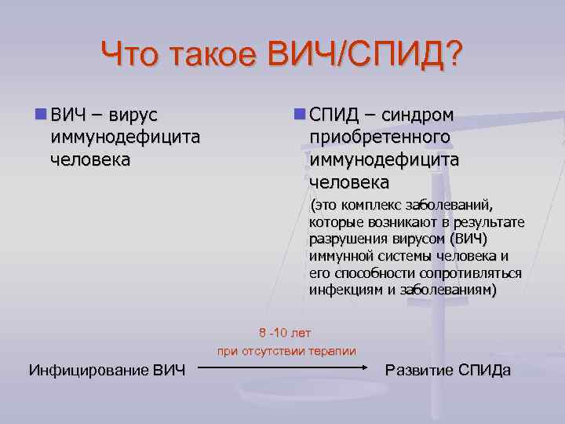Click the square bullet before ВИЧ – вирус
(x=40, y=115)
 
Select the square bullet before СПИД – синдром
(x=299, y=115)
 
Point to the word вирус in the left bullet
(x=133, y=116)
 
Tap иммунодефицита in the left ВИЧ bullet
(x=125, y=137)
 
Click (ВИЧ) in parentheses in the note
(x=469, y=239)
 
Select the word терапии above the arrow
(x=333, y=351)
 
